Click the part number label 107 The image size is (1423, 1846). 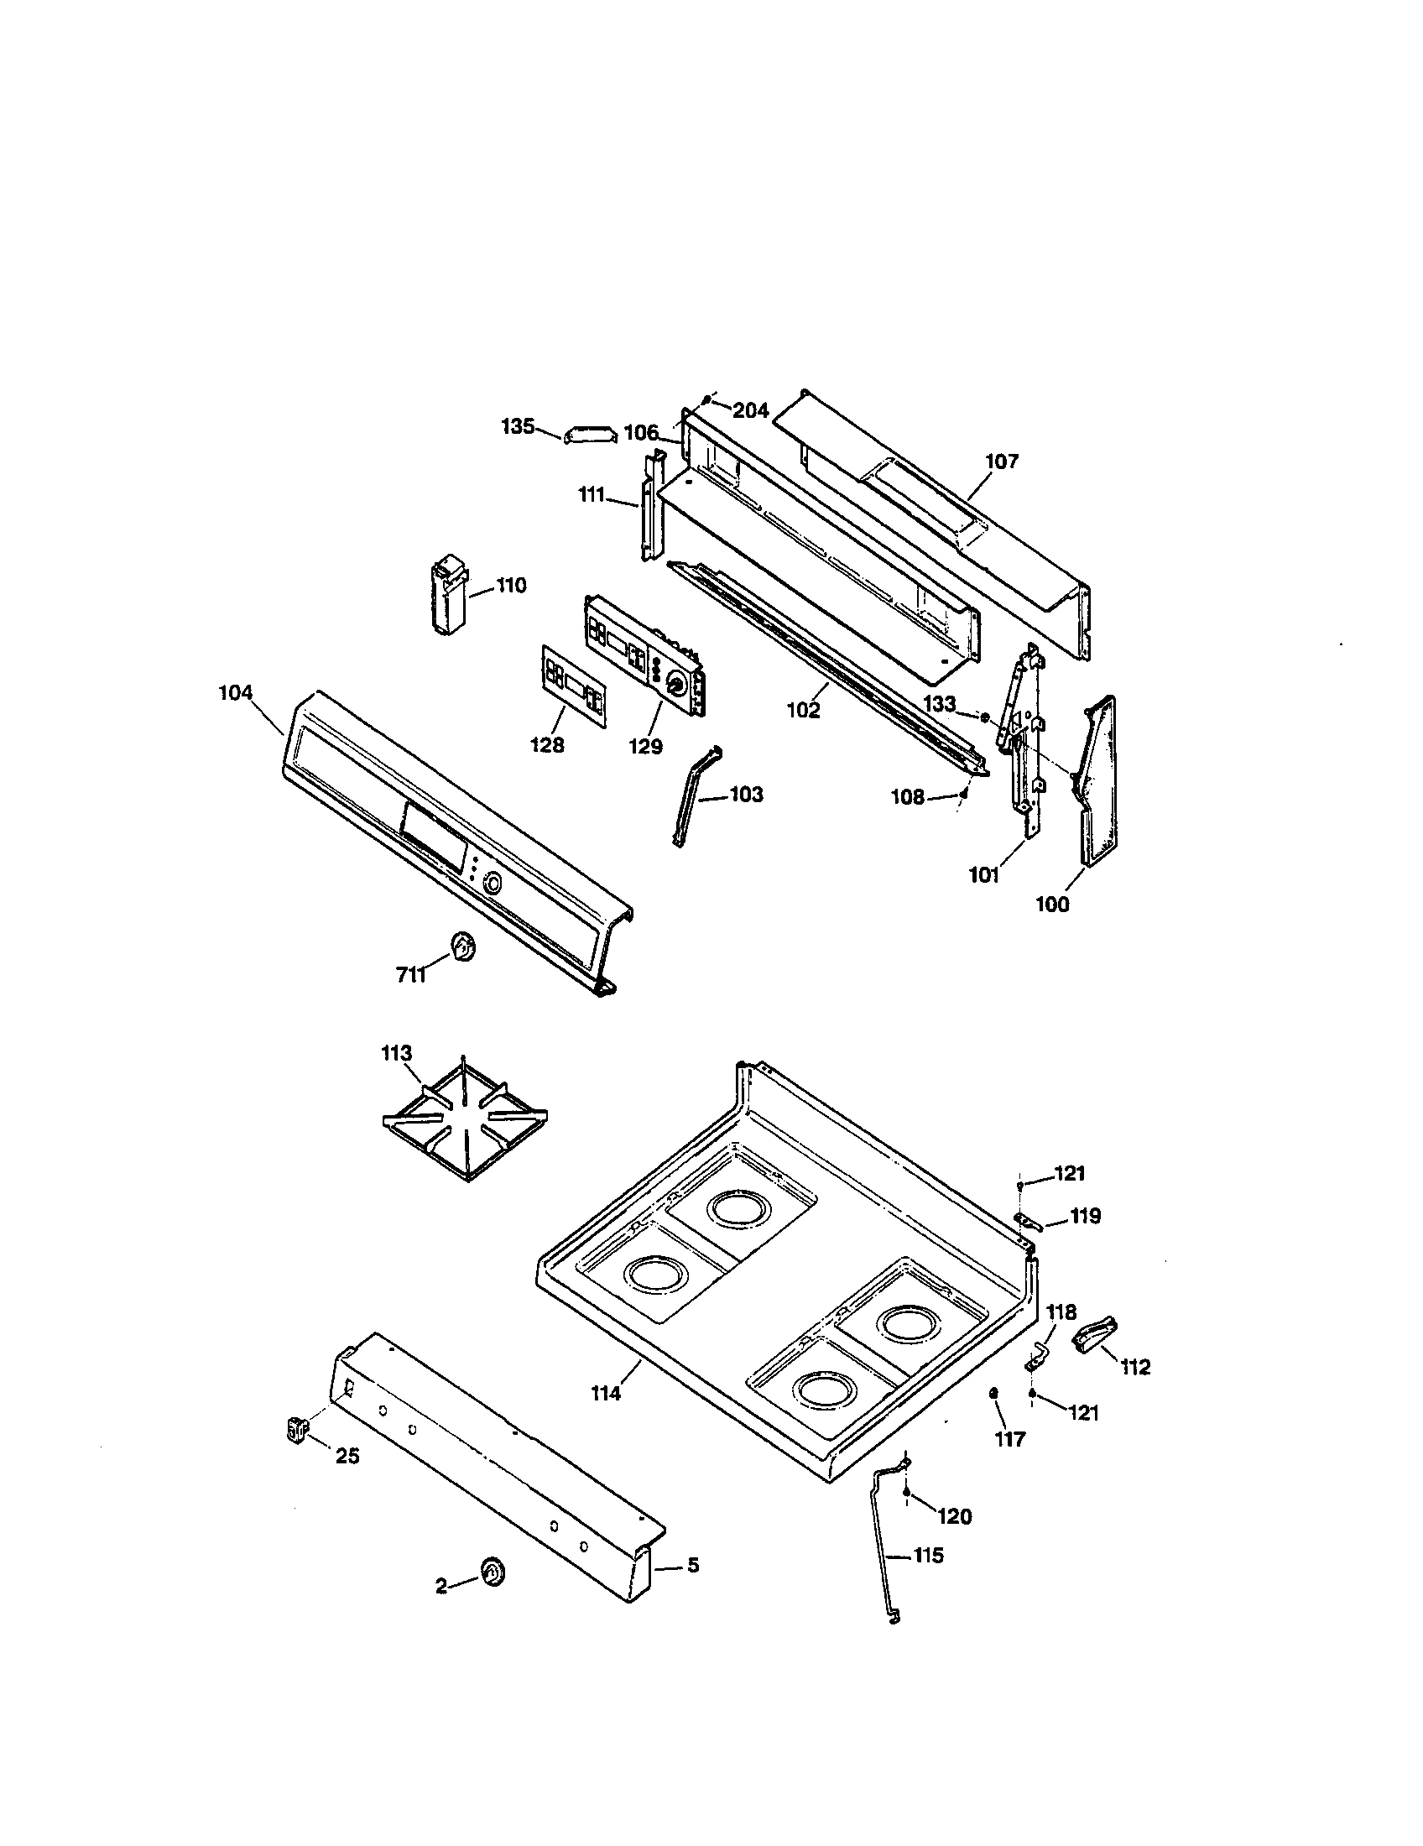pyautogui.click(x=1001, y=461)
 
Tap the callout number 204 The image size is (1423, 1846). pyautogui.click(x=750, y=411)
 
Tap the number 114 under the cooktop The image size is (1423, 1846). pyautogui.click(x=605, y=1393)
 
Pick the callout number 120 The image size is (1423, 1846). pyautogui.click(x=954, y=1517)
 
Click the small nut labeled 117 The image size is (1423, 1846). pyautogui.click(x=994, y=1393)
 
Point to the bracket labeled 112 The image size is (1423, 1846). pyautogui.click(x=1095, y=1337)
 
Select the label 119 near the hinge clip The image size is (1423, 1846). pyautogui.click(x=1085, y=1217)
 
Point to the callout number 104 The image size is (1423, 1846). pyautogui.click(x=235, y=693)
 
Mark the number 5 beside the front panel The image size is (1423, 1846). pyautogui.click(x=692, y=1566)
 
